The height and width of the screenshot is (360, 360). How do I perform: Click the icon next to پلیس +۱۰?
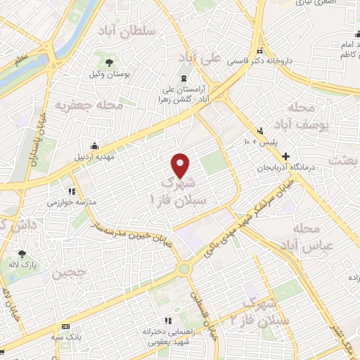[x=260, y=130]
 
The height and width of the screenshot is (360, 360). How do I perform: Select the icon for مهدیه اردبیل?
[x=93, y=146]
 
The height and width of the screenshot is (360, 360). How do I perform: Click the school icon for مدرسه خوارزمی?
[x=71, y=191]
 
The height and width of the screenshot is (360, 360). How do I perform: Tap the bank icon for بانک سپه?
[x=67, y=326]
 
